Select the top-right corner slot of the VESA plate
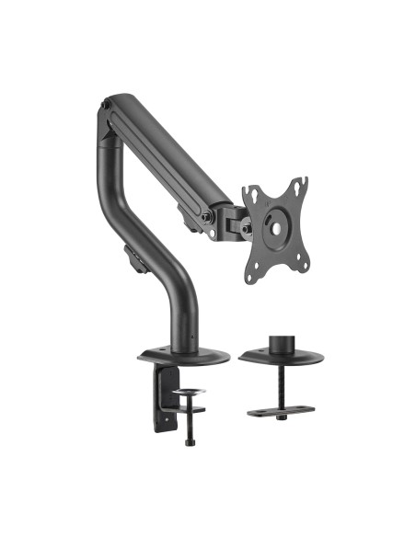[301, 184]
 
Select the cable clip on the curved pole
[134, 258]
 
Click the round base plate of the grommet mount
[279, 357]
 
